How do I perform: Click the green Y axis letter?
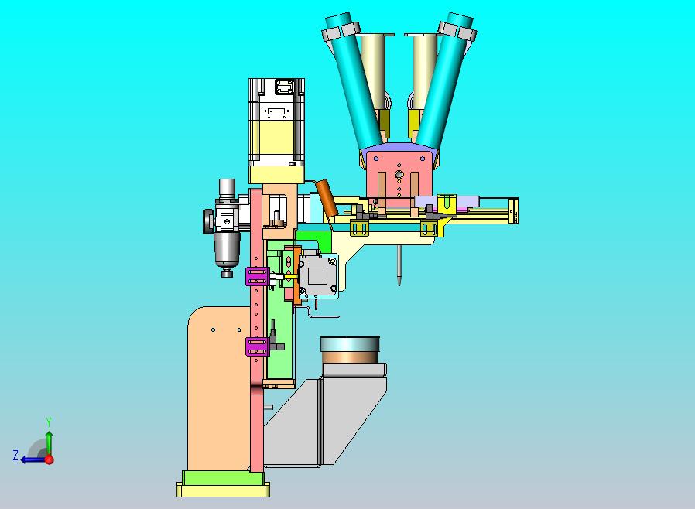tap(49, 422)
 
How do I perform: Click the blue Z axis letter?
tap(15, 456)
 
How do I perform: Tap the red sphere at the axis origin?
tap(50, 459)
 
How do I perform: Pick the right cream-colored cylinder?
tap(424, 71)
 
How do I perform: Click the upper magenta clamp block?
tap(257, 277)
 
